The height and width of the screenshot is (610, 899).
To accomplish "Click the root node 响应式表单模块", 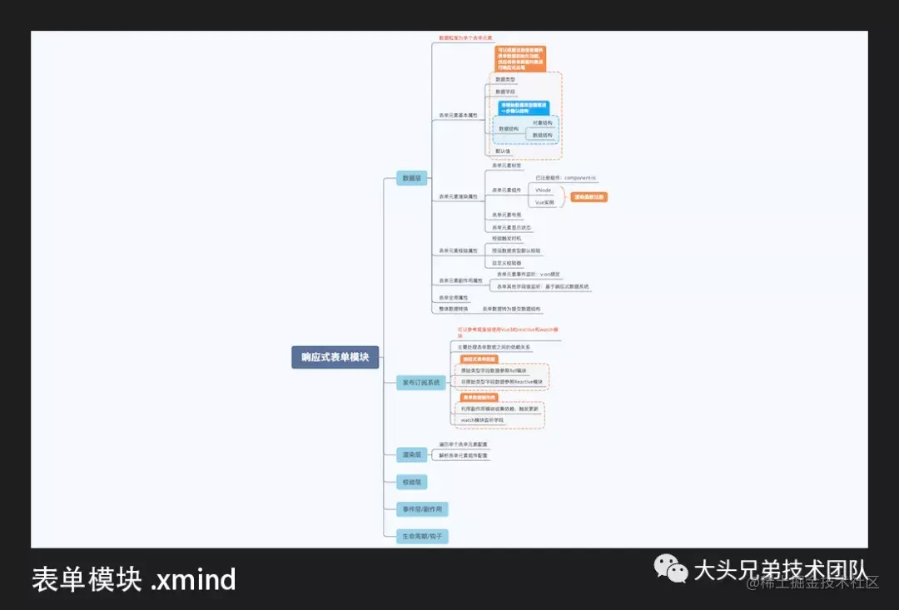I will point(335,357).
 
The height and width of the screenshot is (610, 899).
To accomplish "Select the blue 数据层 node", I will point(412,178).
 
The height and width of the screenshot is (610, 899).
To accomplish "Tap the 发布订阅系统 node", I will point(420,383).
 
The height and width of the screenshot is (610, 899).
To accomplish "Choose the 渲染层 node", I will point(412,454).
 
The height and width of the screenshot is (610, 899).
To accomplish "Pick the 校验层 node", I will point(412,482).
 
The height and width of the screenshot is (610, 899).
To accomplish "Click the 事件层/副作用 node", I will point(422,509).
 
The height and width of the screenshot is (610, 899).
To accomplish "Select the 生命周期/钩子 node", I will point(422,537).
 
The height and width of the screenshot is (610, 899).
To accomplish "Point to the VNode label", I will point(544,191).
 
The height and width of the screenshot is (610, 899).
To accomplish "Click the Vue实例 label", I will point(544,202).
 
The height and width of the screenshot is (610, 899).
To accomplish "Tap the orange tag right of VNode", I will point(589,197).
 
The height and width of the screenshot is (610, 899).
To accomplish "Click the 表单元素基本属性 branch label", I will point(459,115).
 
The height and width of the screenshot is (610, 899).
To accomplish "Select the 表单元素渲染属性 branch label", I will point(459,196).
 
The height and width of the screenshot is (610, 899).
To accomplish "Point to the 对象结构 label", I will point(542,122).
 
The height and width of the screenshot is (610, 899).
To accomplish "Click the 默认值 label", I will point(503,151).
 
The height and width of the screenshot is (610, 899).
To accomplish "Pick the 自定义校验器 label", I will point(507,263).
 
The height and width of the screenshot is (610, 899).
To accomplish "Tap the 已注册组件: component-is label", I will point(565,178).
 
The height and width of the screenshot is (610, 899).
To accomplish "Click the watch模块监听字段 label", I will point(483,420).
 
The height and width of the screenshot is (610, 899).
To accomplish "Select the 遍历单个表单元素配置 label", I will point(464,444).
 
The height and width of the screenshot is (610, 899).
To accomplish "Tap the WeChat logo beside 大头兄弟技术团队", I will point(671,568).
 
